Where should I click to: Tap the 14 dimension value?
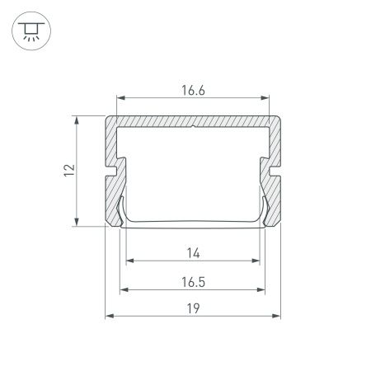[x=193, y=252]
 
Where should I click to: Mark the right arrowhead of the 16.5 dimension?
[x=265, y=289]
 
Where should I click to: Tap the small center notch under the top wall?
[x=193, y=128]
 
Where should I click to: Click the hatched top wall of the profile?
[x=157, y=121]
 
